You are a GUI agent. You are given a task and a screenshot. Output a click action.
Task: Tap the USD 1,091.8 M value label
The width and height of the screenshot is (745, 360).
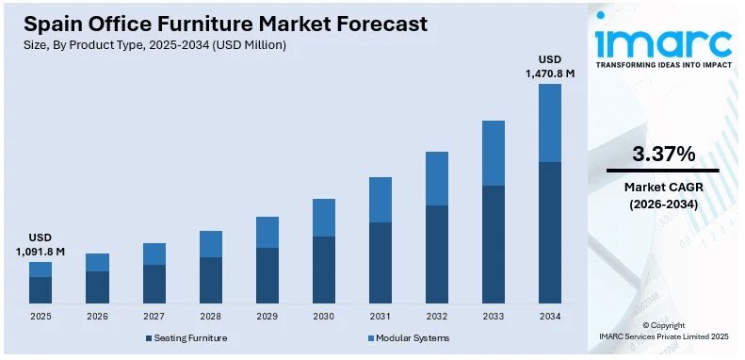coord(40,245)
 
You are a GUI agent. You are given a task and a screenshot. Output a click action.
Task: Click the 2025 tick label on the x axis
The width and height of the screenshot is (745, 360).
coord(40,317)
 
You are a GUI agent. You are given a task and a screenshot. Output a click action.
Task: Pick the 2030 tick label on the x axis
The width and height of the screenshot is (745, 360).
coord(323,317)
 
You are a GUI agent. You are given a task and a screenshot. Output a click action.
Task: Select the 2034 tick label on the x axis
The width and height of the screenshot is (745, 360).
coord(549,317)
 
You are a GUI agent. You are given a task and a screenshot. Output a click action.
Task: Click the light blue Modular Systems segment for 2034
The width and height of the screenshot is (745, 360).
coord(549,123)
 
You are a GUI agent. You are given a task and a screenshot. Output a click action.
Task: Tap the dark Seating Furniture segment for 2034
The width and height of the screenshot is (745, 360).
coord(549,232)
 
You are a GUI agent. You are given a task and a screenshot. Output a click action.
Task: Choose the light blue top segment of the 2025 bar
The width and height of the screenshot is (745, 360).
coord(40,270)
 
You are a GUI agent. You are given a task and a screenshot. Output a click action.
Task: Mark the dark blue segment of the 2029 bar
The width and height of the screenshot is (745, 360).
coord(267,275)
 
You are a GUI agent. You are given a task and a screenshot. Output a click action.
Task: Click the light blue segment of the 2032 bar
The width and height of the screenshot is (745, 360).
coord(436,178)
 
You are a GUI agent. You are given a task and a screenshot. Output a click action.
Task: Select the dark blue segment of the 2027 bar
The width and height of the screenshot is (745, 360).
coord(154,284)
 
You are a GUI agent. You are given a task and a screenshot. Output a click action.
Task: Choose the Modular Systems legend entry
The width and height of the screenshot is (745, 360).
coord(407,337)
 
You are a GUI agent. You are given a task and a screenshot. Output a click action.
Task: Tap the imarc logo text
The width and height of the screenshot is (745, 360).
coord(663,41)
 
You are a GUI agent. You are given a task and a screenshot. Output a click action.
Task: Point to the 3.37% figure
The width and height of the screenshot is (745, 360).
coord(663,154)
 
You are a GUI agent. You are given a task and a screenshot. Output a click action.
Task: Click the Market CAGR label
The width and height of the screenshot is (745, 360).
coord(663,187)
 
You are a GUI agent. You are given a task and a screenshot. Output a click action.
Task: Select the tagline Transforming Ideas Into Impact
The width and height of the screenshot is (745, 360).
coord(663,66)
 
